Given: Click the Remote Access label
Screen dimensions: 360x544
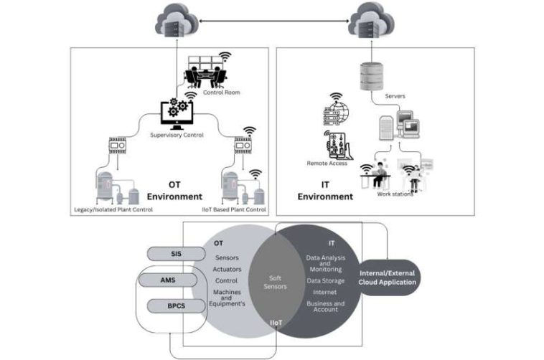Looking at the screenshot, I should pyautogui.click(x=327, y=164).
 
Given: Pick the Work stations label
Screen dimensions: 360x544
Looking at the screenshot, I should pyautogui.click(x=395, y=194).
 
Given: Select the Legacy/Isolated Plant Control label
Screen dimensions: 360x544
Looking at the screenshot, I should pyautogui.click(x=113, y=209).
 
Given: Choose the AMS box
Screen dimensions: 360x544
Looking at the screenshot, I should pyautogui.click(x=168, y=280).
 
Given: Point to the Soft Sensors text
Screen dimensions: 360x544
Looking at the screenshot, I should pyautogui.click(x=277, y=282).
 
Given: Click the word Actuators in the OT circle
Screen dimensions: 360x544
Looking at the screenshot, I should pyautogui.click(x=227, y=269).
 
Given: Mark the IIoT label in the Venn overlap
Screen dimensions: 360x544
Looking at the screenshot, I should pyautogui.click(x=278, y=324).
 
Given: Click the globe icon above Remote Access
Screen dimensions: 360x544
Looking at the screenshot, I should pyautogui.click(x=338, y=113).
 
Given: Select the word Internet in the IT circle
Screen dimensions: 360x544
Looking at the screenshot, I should pyautogui.click(x=324, y=292).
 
